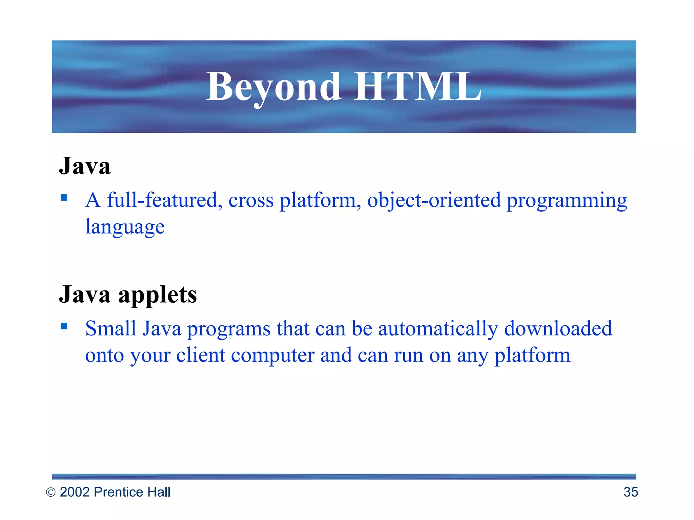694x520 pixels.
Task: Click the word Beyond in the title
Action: (273, 87)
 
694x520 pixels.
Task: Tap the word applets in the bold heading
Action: (158, 295)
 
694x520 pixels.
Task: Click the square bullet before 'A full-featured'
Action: (64, 197)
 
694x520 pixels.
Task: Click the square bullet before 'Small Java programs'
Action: (64, 326)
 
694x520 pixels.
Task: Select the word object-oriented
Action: (434, 200)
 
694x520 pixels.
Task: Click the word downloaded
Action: (558, 328)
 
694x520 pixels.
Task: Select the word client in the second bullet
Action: (201, 355)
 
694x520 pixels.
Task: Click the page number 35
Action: (630, 492)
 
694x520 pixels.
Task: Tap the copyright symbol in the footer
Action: (50, 492)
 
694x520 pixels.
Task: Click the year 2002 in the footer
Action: (75, 492)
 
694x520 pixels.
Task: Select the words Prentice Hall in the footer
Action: (132, 492)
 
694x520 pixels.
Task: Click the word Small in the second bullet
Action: (110, 328)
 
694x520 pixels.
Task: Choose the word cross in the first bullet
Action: (251, 201)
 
